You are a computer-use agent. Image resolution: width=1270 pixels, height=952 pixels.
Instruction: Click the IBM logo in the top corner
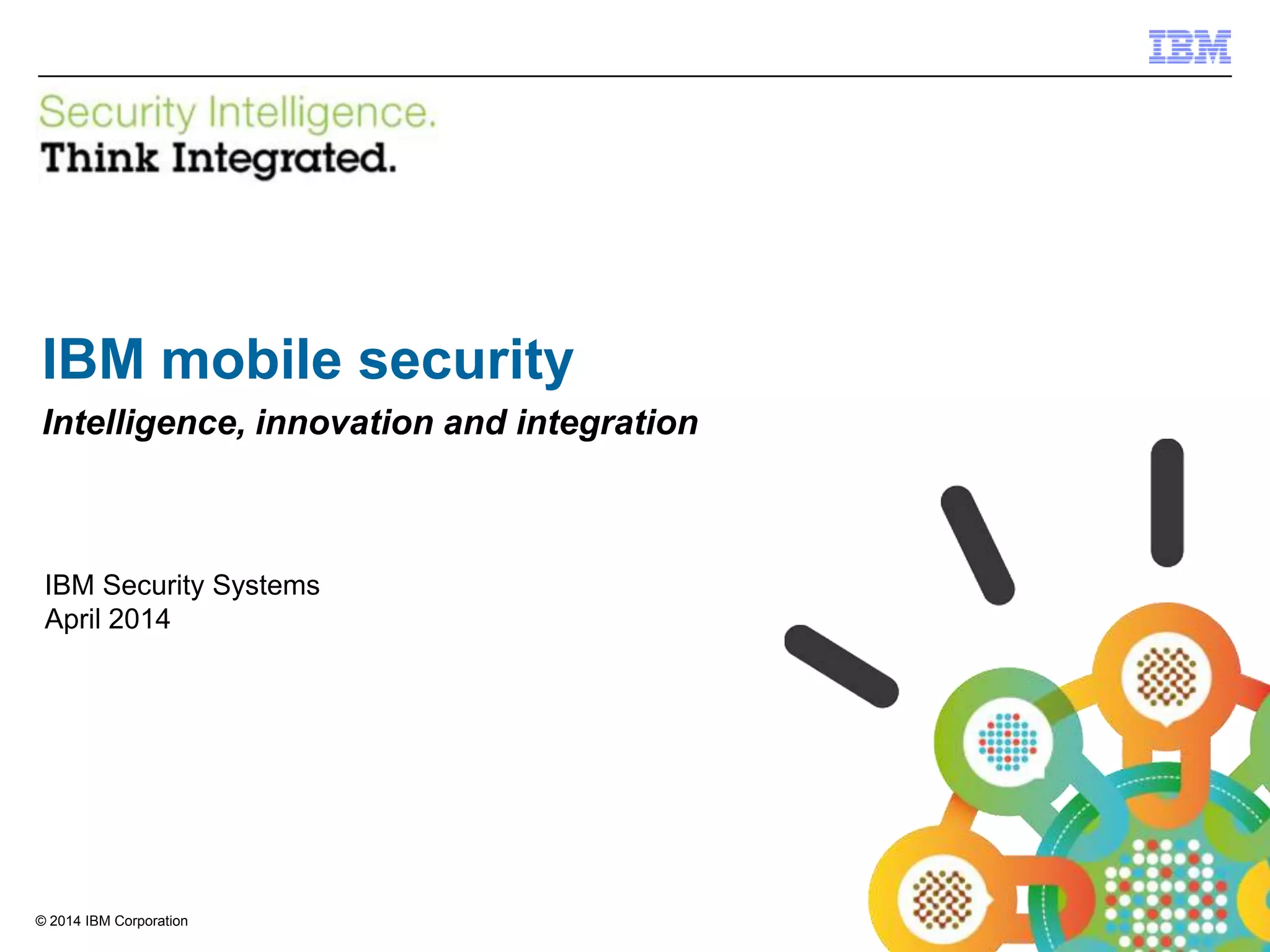pyautogui.click(x=1189, y=46)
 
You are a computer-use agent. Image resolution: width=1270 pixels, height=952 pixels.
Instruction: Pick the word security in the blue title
pyautogui.click(x=466, y=361)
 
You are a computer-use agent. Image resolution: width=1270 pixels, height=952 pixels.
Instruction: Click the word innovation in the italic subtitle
pyautogui.click(x=345, y=423)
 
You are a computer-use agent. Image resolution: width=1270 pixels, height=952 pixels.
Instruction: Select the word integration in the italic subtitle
pyautogui.click(x=607, y=423)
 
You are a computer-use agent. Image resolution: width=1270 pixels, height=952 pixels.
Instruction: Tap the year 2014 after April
pyautogui.click(x=140, y=619)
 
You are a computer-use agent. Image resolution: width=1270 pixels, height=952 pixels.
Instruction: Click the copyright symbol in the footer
pyautogui.click(x=41, y=922)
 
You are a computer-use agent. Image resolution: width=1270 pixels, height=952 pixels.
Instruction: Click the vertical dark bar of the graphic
pyautogui.click(x=1167, y=503)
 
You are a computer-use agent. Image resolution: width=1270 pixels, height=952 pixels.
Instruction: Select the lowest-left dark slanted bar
pyautogui.click(x=841, y=666)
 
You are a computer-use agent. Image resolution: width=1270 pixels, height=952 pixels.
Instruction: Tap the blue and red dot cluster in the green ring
pyautogui.click(x=1008, y=742)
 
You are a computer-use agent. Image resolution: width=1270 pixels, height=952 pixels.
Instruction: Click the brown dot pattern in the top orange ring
pyautogui.click(x=1166, y=677)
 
